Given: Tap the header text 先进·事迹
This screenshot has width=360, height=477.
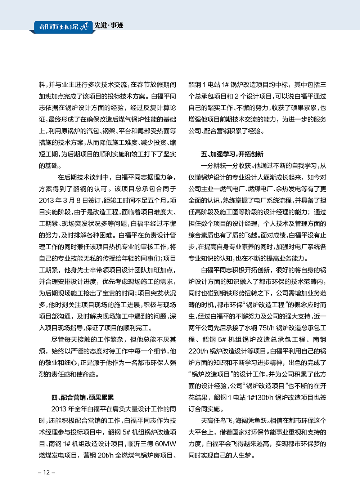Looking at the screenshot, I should pos(109,25).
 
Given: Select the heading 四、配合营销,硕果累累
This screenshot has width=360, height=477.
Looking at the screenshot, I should pos(82,397).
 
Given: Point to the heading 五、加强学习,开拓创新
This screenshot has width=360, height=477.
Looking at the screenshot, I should pos(232,154).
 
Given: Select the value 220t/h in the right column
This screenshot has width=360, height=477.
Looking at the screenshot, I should pos(198,351).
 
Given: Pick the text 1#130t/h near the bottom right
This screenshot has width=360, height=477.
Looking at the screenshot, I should pos(256,397).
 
